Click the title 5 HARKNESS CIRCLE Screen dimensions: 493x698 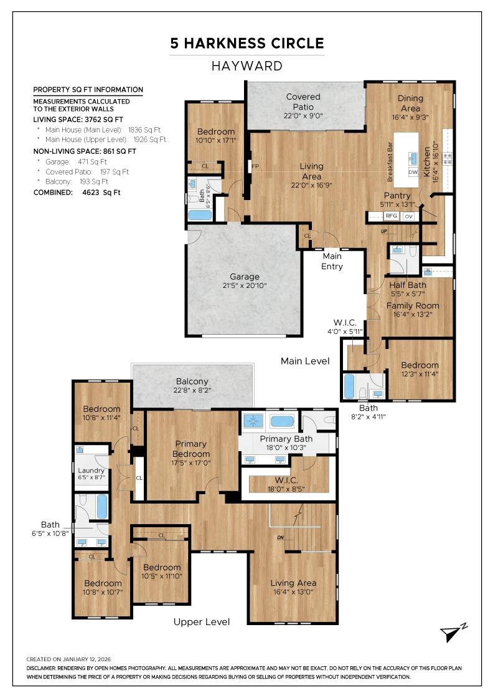(x=247, y=43)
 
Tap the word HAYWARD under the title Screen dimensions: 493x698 (x=247, y=66)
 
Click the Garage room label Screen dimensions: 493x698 (x=245, y=277)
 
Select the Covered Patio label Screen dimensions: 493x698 (x=303, y=102)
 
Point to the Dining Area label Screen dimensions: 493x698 (x=410, y=103)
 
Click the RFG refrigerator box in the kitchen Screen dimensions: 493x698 (x=391, y=216)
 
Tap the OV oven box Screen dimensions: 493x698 (x=408, y=216)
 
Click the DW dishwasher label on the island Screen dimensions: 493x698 (x=413, y=172)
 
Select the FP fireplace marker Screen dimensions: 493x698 (x=255, y=166)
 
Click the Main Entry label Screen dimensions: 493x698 (x=332, y=261)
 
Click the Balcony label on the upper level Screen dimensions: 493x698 (x=192, y=381)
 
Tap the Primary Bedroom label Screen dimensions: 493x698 (x=190, y=449)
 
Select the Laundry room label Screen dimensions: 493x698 (x=91, y=471)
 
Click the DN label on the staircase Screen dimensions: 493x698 (x=281, y=537)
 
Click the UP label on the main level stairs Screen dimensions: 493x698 (x=384, y=231)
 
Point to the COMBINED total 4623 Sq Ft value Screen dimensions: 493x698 (x=101, y=193)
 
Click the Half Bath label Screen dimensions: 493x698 (x=408, y=285)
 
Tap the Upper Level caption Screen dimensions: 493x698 (x=202, y=622)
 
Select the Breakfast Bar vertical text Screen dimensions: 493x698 (x=390, y=162)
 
